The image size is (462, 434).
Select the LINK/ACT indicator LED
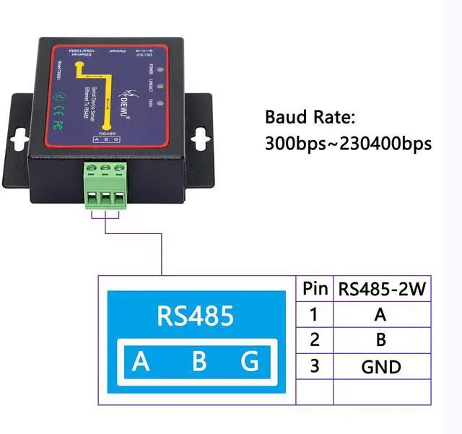[x=160, y=87]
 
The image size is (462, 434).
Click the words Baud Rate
[x=310, y=117]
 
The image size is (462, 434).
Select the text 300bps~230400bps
[x=348, y=143]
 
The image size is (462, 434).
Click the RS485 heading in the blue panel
[x=196, y=316]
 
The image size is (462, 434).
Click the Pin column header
[x=314, y=290]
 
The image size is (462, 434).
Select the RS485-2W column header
[x=381, y=290]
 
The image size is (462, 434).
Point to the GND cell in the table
[x=381, y=367]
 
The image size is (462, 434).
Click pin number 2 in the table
[x=314, y=340]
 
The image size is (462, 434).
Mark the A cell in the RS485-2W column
[x=381, y=315]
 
